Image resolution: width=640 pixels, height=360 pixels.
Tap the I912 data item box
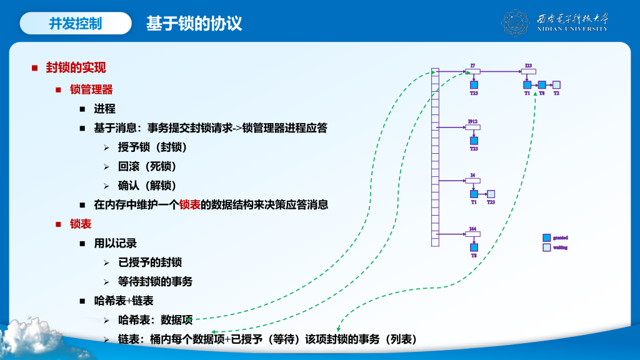473,127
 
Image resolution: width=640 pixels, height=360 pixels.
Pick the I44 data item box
473,234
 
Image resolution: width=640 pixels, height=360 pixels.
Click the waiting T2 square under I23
556,85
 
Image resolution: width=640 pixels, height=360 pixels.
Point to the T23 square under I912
474,141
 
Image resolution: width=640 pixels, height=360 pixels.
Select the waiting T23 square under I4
491,194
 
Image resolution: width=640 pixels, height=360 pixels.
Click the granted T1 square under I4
474,194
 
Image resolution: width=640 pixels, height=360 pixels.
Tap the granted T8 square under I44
474,247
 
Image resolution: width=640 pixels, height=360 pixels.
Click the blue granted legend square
547,237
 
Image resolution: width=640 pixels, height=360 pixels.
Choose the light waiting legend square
547,247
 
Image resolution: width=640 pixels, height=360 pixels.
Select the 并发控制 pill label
76,24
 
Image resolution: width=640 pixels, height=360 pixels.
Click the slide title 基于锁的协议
194,24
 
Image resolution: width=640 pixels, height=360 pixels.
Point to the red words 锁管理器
91,89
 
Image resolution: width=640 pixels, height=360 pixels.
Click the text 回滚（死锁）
147,166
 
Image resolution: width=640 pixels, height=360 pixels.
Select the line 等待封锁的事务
155,281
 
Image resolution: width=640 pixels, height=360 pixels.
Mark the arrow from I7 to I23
500,72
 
